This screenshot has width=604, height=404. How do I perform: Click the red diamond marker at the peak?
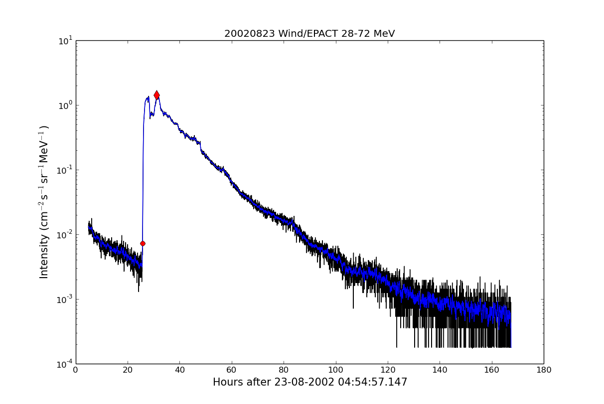(x=156, y=95)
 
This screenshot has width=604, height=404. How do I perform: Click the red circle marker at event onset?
(x=143, y=243)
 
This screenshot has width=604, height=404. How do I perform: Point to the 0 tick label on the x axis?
(x=76, y=370)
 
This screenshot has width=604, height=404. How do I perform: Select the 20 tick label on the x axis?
(x=128, y=370)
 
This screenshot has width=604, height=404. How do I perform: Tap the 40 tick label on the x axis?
(x=179, y=370)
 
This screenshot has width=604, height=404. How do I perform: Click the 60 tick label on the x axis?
(x=232, y=370)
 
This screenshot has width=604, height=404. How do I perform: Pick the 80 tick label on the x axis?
(x=284, y=370)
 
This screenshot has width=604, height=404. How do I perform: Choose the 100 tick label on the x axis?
(x=335, y=370)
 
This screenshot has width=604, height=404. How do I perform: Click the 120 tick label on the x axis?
(x=388, y=370)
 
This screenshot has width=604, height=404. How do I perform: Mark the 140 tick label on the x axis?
(x=440, y=370)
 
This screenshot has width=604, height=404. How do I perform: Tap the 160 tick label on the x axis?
(x=491, y=370)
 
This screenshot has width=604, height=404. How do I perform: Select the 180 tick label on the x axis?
(x=544, y=370)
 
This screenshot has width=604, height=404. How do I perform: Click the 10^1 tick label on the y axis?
(x=65, y=40)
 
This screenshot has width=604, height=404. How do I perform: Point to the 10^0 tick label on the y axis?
(x=65, y=105)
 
